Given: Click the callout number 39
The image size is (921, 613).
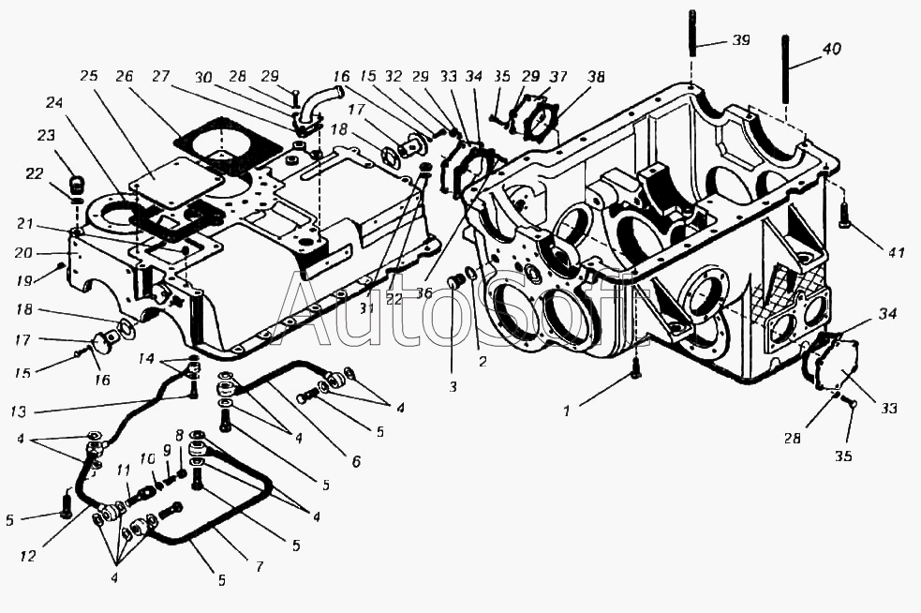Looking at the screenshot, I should click(741, 42).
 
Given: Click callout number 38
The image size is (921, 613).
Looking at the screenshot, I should click(596, 77).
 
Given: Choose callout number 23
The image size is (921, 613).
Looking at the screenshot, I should click(47, 135).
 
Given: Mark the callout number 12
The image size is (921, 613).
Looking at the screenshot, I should click(28, 557).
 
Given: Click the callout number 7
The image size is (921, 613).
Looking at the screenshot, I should click(259, 567).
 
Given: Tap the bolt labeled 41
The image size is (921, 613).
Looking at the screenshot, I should click(846, 218).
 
